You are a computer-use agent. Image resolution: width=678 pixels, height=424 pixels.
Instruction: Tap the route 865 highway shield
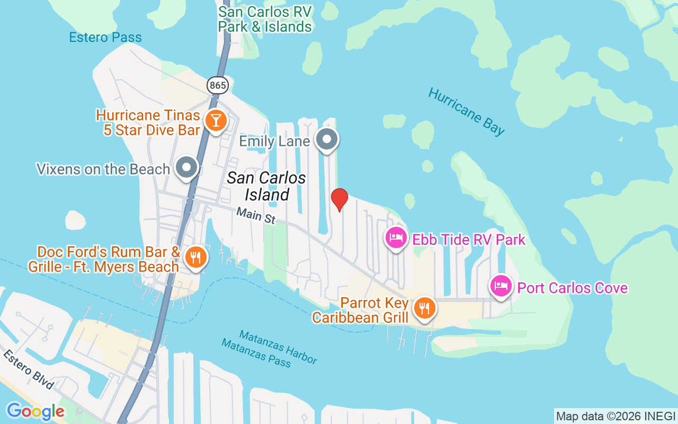point(217,85)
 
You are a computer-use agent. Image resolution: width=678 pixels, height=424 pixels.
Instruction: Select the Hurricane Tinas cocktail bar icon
point(216,120)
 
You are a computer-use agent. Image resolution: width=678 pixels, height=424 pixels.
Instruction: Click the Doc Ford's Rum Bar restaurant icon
point(196,258)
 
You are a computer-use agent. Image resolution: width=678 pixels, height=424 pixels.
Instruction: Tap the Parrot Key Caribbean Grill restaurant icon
point(424,307)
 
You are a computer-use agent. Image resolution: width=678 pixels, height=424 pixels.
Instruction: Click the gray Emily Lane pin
point(327,139)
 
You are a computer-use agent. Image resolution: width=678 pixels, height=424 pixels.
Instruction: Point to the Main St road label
point(256,215)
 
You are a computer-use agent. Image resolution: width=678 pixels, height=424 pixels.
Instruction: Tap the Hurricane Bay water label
point(466,112)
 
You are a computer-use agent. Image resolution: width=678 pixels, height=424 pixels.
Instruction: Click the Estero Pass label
point(105,38)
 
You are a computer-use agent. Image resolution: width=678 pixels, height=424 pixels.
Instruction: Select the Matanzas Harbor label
point(278,347)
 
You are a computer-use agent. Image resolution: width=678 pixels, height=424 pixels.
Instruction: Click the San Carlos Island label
point(266,186)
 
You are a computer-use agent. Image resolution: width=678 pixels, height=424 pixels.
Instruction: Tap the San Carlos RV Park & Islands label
point(265,19)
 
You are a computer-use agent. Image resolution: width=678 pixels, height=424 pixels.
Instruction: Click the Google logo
point(35,411)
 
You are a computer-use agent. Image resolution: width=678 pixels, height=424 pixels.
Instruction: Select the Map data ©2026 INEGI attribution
point(615,416)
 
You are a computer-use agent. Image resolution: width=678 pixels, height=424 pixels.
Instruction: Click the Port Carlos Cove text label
point(572,288)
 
